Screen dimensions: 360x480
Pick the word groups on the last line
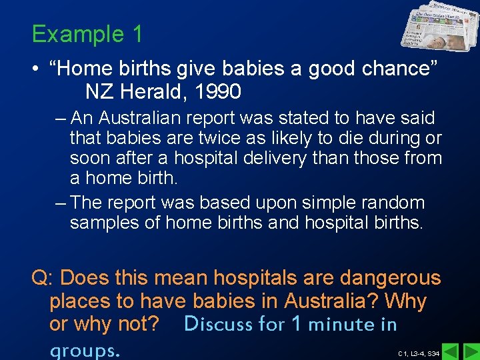coord(84,349)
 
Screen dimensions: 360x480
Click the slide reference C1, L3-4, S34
coord(418,353)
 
